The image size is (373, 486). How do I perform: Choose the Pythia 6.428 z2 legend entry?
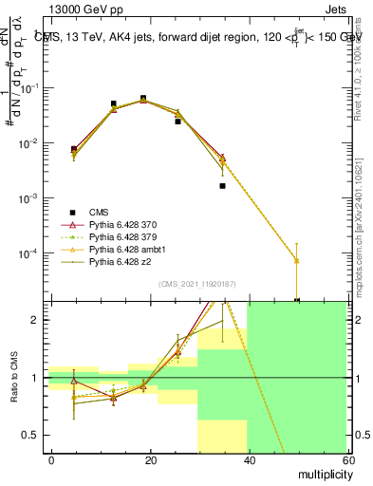[103, 262]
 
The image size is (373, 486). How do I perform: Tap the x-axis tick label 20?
[150, 458]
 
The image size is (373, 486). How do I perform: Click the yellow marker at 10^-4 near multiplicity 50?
[297, 260]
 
